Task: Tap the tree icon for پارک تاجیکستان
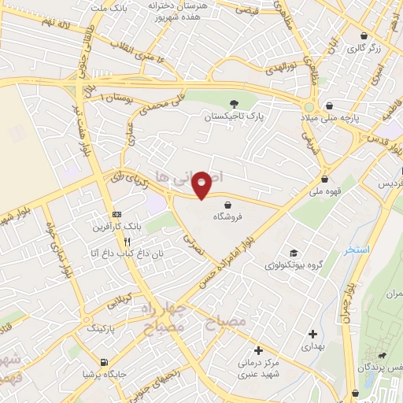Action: pos(234,104)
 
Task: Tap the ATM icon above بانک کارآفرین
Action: pos(116,214)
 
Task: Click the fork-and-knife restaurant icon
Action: pos(128,242)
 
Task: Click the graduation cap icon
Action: pos(294,253)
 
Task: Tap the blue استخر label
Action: pos(355,250)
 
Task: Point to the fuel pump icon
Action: pos(104,362)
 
